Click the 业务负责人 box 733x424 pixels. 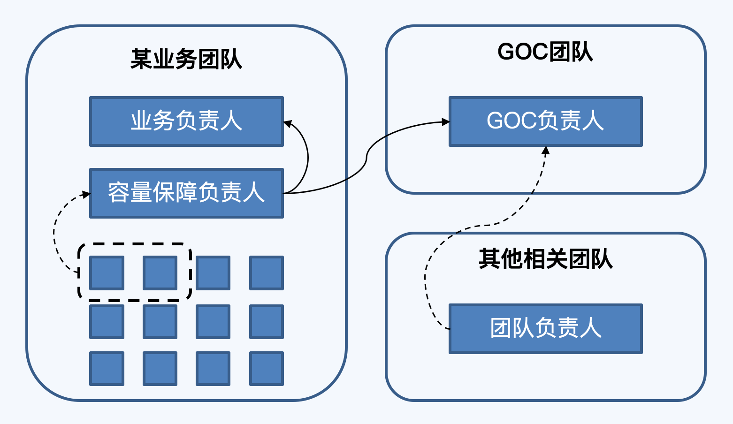click(x=186, y=121)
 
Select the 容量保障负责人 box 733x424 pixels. click(x=186, y=193)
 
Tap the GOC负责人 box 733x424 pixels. click(x=545, y=121)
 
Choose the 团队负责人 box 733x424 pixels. click(x=545, y=328)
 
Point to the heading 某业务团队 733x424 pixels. click(x=186, y=60)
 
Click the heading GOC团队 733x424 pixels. click(x=545, y=52)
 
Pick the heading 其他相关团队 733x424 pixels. click(x=545, y=259)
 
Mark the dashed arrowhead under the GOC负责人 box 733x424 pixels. click(x=545, y=151)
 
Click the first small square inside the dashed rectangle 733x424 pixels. click(x=107, y=273)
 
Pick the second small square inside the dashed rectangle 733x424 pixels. click(x=160, y=273)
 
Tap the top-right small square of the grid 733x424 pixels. click(x=267, y=273)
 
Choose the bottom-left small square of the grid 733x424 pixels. click(x=107, y=369)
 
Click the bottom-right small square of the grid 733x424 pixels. click(x=267, y=369)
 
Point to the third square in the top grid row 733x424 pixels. click(x=213, y=273)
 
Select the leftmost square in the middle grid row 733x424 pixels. click(x=107, y=322)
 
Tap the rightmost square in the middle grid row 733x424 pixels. click(x=267, y=322)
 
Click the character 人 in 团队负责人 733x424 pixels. click(x=591, y=328)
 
